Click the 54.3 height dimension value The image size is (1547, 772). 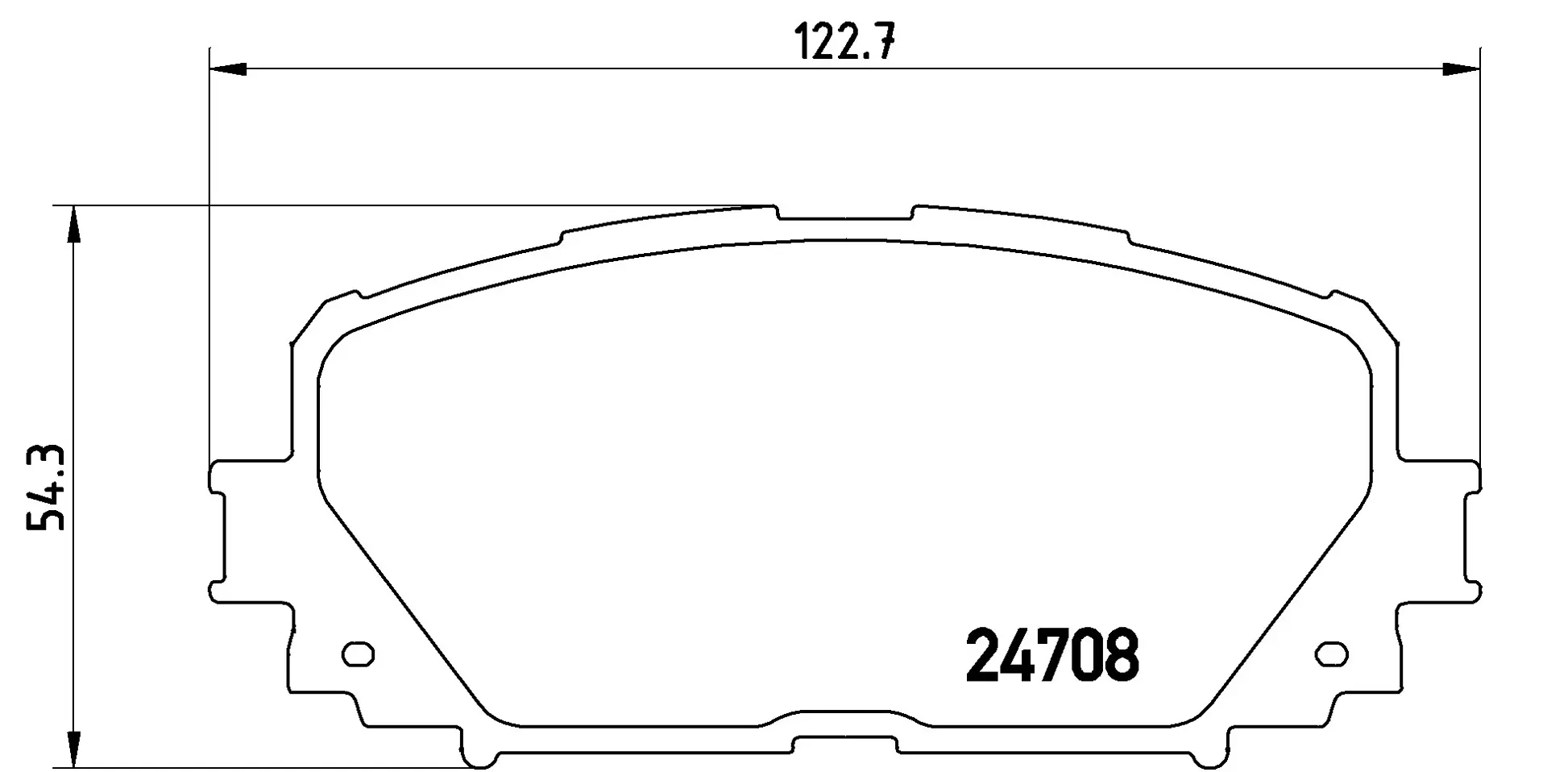[46, 487]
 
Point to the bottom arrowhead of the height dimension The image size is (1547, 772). [73, 749]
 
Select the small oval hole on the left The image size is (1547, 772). [359, 654]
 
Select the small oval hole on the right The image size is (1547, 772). [1331, 654]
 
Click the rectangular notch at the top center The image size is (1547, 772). [845, 214]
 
